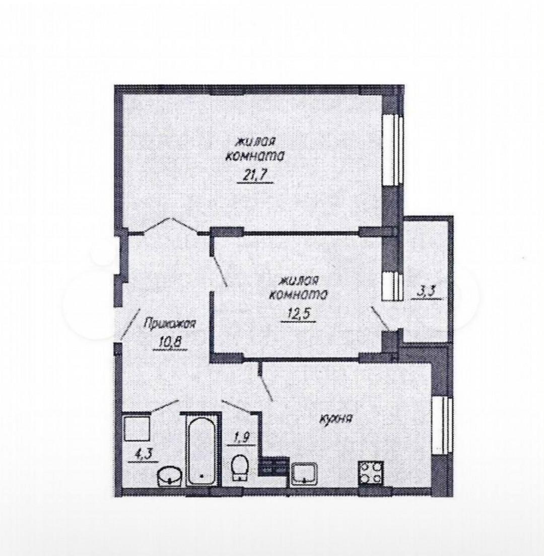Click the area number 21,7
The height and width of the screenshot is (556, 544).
[x=254, y=175]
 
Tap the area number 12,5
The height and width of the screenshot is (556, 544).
[x=298, y=314]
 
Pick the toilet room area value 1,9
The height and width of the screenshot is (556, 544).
[x=241, y=438]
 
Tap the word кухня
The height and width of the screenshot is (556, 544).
[x=335, y=419]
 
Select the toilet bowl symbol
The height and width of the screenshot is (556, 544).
[x=240, y=468]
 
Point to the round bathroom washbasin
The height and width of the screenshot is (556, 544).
[x=170, y=476]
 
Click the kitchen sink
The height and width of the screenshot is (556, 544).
[x=305, y=473]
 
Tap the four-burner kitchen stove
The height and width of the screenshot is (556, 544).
[x=371, y=473]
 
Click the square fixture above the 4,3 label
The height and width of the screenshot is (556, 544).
[x=137, y=428]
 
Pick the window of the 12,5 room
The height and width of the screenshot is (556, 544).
[x=393, y=286]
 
